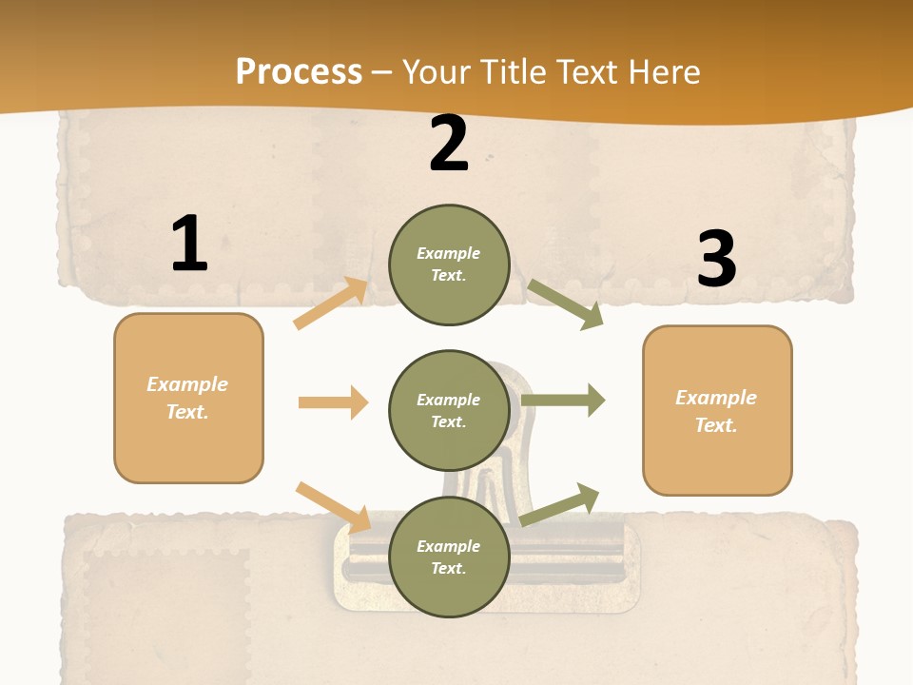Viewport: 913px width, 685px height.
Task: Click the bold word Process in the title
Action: (299, 72)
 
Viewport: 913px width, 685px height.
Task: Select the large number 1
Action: (189, 245)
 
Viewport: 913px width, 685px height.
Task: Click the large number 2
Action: (449, 145)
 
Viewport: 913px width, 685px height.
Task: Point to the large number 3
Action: (716, 260)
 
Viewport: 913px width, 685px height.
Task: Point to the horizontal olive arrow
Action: (563, 401)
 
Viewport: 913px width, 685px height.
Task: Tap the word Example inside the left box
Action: (187, 384)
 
